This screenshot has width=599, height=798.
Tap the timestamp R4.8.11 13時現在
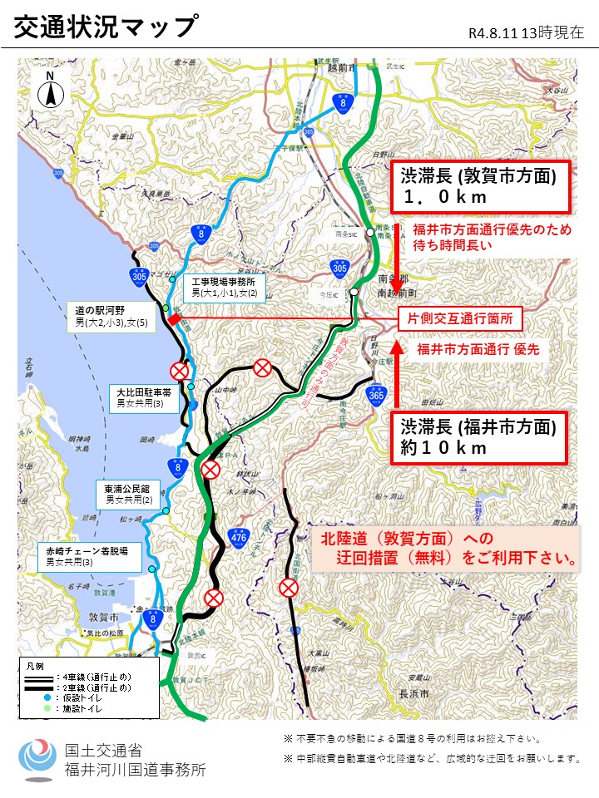pyautogui.click(x=526, y=32)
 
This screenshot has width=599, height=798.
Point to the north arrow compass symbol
pyautogui.click(x=50, y=89)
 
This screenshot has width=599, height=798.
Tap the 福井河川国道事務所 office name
pyautogui.click(x=135, y=769)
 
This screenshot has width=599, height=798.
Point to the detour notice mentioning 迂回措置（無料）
pyautogui.click(x=449, y=549)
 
